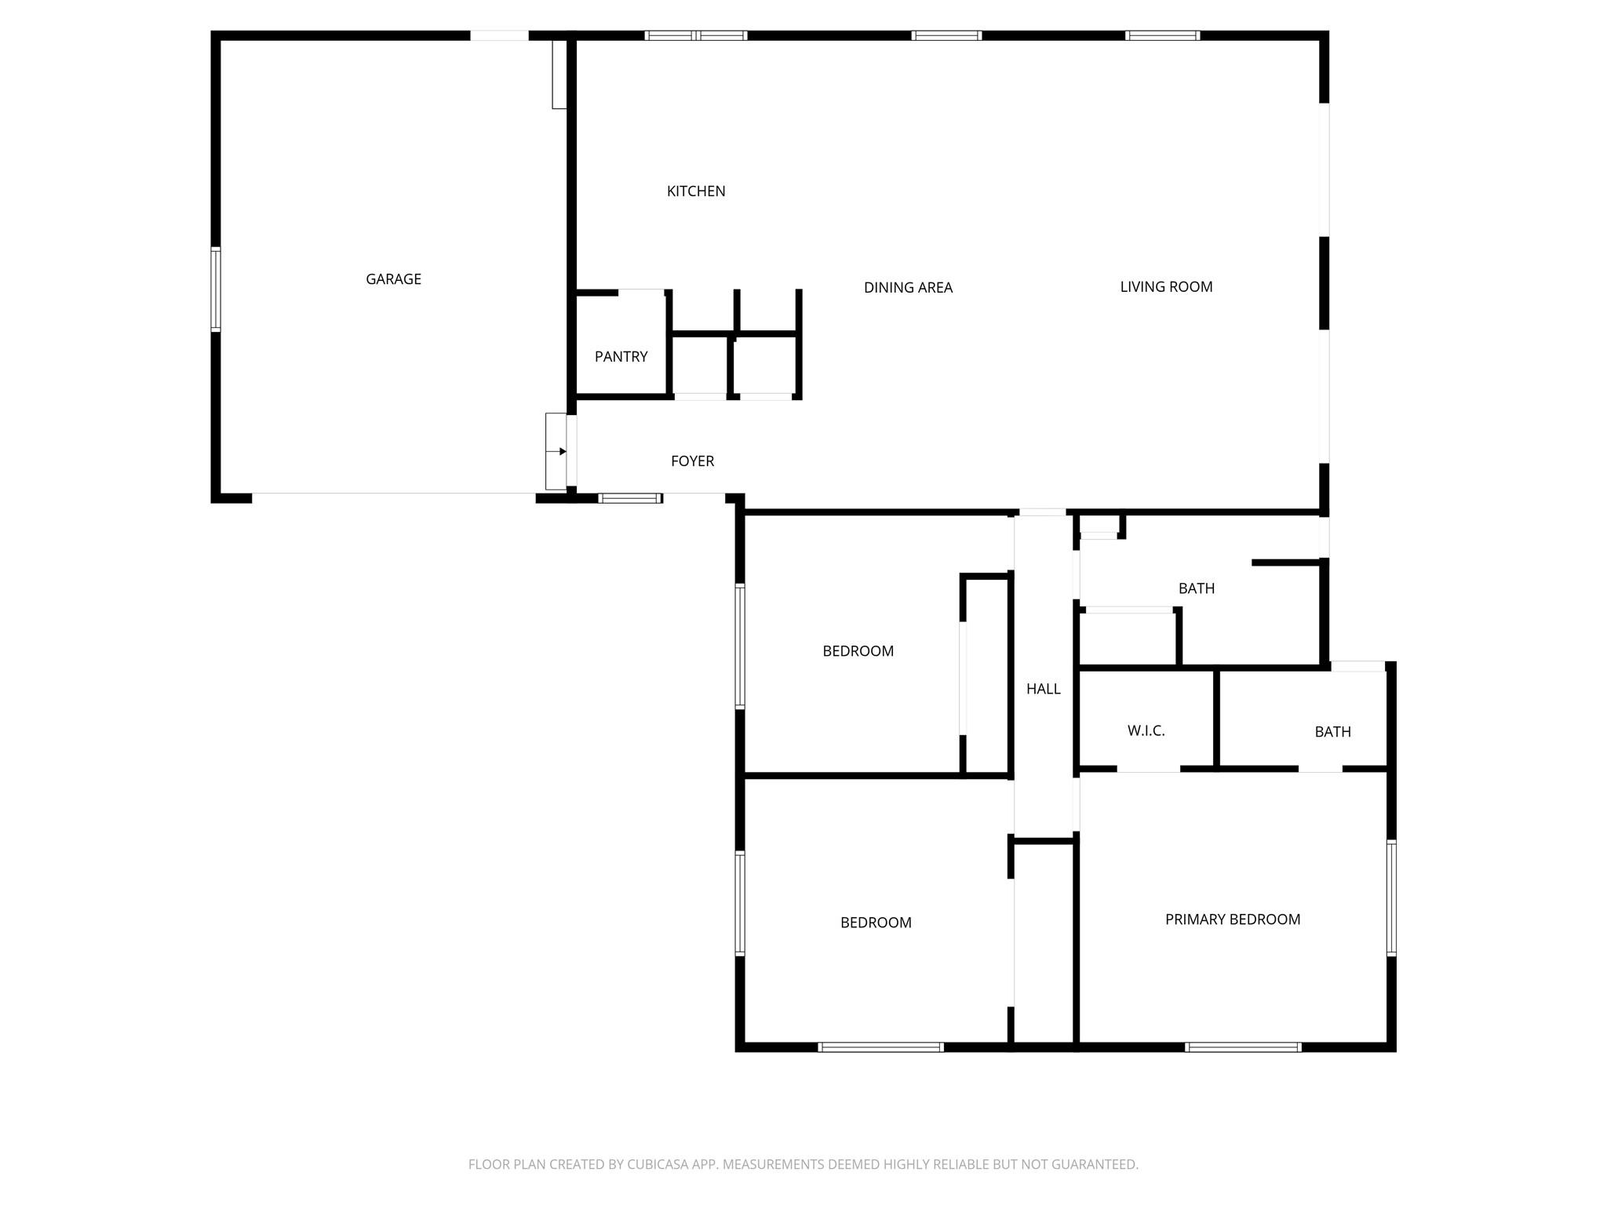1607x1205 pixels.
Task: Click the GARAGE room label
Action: (x=393, y=279)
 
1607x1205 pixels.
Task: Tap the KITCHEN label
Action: (x=696, y=191)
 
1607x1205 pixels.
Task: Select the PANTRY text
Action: (x=621, y=357)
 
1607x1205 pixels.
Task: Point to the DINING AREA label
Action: (x=908, y=288)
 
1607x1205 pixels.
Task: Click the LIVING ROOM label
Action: (x=1166, y=287)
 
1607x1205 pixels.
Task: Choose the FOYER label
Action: (x=692, y=461)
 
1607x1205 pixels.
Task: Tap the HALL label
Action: (x=1043, y=689)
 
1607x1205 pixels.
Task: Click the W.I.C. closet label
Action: (x=1146, y=731)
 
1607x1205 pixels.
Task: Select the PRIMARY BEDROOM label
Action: (x=1232, y=919)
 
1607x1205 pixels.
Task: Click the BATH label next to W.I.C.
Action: (x=1332, y=732)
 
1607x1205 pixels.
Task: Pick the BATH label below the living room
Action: (x=1196, y=588)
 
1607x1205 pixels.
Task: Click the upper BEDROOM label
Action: (x=858, y=651)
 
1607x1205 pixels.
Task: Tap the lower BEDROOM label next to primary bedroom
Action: (x=876, y=923)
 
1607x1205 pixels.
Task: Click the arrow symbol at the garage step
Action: (x=561, y=452)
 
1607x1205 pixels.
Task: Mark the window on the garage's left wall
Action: (x=216, y=289)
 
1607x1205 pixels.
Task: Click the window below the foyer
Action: (x=630, y=498)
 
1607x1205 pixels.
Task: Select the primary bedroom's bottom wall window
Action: (x=1243, y=1047)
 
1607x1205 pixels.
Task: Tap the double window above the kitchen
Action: (x=696, y=35)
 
